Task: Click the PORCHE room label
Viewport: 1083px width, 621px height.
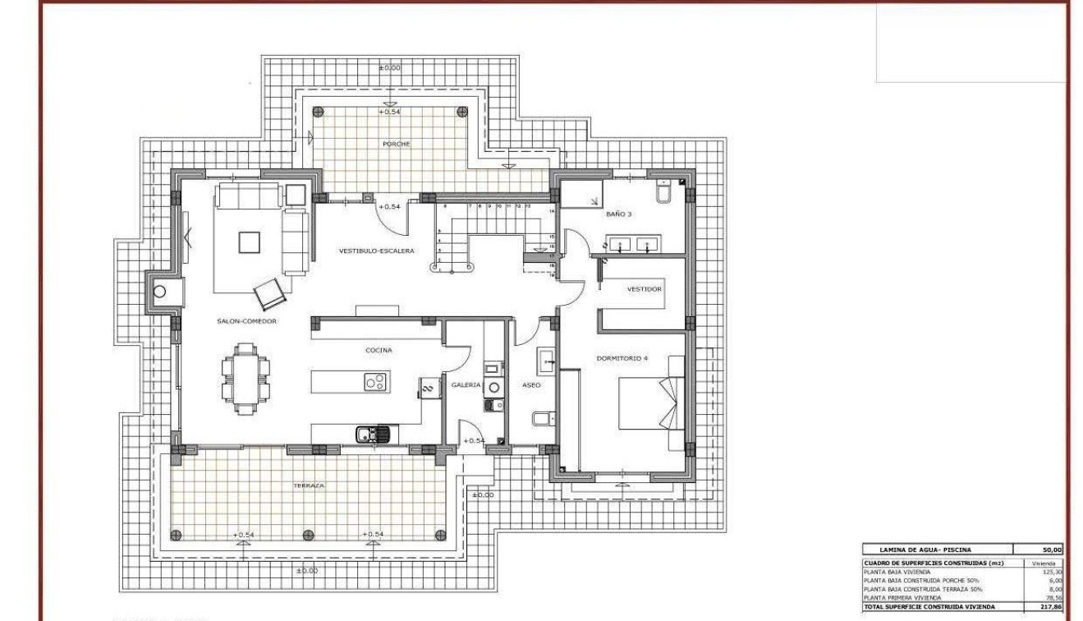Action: tap(396, 144)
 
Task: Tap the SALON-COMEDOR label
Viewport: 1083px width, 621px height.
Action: tap(246, 321)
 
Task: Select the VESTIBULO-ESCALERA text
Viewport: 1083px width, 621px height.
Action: tap(377, 251)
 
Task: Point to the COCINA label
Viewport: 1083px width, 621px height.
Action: tap(379, 350)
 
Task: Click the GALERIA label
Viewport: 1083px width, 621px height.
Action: tap(466, 384)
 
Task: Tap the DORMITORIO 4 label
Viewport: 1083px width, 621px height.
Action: tap(622, 357)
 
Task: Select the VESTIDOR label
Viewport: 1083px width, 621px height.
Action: tap(645, 289)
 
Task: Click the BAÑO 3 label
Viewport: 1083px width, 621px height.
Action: tap(619, 214)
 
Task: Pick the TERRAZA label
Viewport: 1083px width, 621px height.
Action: tap(309, 485)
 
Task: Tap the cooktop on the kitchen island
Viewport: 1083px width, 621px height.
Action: tap(376, 382)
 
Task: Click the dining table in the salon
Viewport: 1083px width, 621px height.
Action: tap(245, 379)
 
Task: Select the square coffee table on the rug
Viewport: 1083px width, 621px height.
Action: tap(250, 241)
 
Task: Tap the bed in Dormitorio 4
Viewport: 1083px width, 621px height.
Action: tap(649, 402)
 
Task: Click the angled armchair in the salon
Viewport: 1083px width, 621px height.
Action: tap(269, 292)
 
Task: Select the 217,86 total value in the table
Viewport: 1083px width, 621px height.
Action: tap(1052, 606)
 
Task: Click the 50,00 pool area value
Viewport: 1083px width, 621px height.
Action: tap(1052, 550)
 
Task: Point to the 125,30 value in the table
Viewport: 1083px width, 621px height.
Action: tap(1052, 572)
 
